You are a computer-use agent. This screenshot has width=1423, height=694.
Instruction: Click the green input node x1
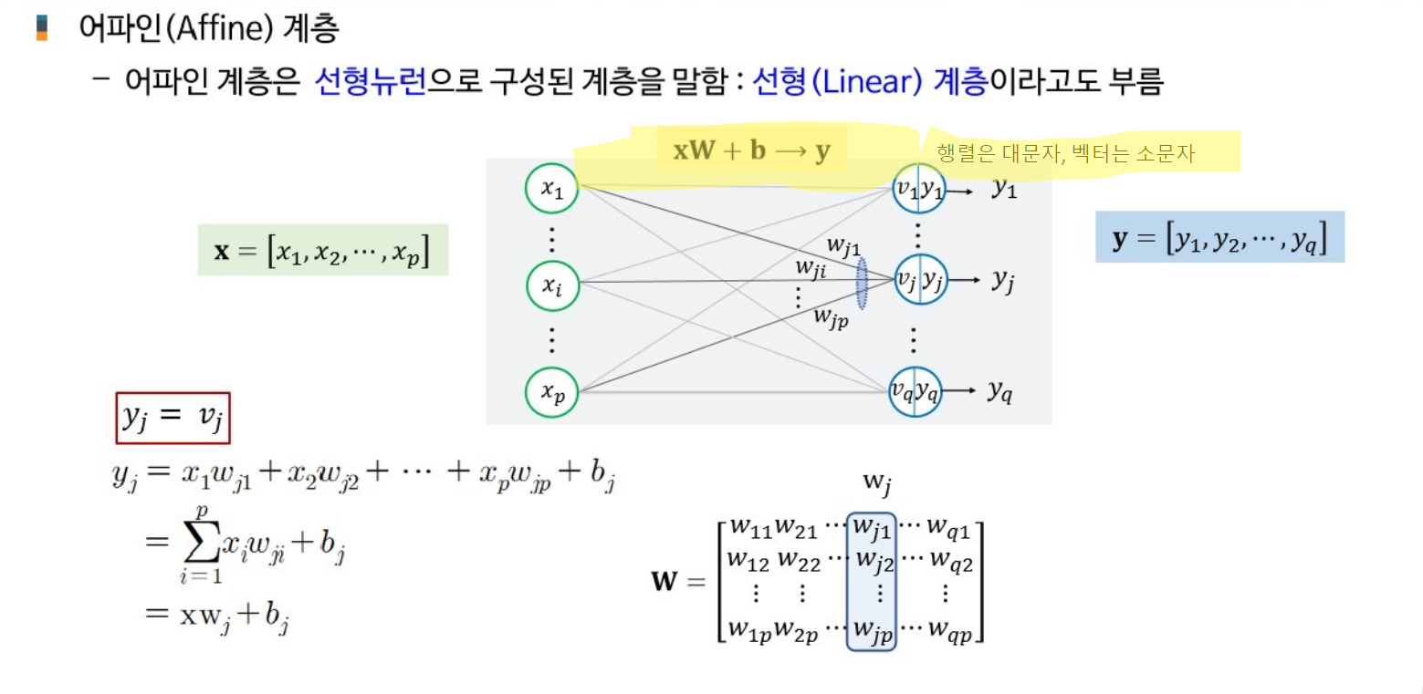552,189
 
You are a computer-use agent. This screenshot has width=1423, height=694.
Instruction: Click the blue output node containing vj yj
918,282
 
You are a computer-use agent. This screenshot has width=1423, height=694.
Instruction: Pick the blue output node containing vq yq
916,391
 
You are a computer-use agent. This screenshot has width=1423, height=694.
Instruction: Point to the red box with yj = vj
173,418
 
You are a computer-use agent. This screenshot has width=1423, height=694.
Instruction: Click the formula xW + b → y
752,151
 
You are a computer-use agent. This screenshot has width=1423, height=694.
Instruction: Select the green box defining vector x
322,250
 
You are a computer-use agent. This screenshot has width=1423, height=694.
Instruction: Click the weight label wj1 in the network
843,244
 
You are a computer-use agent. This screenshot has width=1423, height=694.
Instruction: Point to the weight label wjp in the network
832,317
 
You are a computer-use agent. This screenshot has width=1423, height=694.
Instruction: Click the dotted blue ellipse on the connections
861,284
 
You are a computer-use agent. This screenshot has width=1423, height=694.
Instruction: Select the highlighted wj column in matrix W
872,580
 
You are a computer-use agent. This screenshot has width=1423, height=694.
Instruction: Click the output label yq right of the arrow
999,391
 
